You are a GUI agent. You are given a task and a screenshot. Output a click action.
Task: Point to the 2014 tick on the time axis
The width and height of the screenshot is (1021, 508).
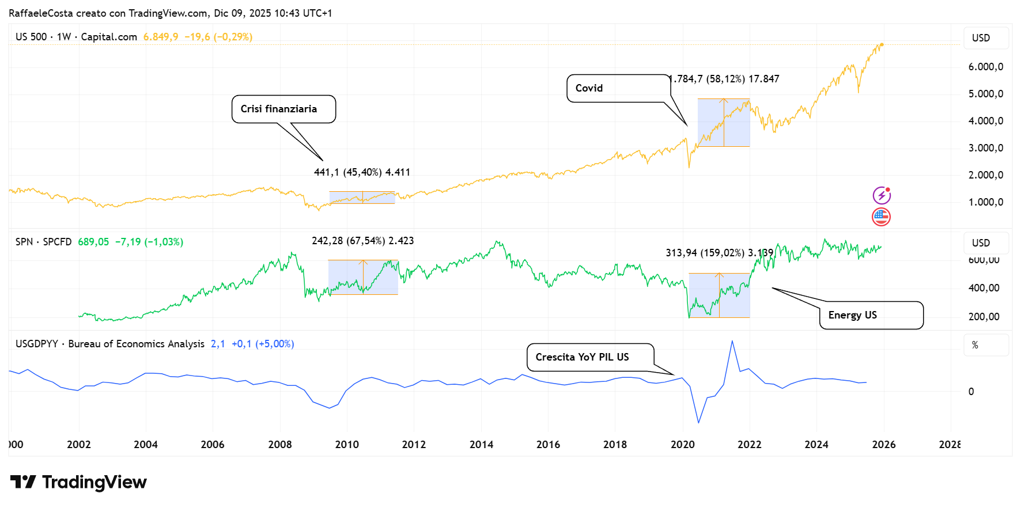coord(481,444)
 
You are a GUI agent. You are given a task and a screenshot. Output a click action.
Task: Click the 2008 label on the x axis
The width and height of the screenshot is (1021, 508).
coord(280,444)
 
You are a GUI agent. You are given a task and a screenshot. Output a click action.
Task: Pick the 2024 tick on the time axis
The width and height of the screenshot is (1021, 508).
coord(816,444)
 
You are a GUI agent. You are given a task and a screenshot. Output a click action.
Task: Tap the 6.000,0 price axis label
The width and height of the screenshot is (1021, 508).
coord(985,67)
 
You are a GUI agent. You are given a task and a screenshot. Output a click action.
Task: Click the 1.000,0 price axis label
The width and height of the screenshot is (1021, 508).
coord(985,202)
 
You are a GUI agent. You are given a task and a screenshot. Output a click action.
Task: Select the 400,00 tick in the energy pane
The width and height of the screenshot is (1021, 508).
coord(984,288)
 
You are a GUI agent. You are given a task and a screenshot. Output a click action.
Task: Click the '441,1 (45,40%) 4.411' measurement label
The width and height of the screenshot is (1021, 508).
coord(362,172)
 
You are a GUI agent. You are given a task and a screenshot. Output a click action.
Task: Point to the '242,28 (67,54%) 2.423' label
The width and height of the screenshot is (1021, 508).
coord(362,241)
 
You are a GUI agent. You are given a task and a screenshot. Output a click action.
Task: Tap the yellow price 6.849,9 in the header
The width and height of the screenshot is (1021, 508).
coord(161,37)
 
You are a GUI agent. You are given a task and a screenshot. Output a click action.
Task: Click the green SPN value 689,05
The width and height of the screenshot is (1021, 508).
coord(93,242)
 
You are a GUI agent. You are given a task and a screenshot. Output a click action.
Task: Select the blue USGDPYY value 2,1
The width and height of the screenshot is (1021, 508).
coord(218,344)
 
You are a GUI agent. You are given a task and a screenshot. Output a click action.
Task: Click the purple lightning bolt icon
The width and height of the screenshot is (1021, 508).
coord(882,196)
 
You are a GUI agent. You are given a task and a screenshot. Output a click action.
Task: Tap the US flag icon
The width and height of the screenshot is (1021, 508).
coord(882,217)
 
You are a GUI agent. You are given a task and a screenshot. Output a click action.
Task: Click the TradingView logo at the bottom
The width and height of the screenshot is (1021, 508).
coord(79,482)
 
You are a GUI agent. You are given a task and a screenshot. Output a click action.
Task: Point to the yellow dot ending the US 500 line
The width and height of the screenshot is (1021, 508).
coord(882,44)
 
